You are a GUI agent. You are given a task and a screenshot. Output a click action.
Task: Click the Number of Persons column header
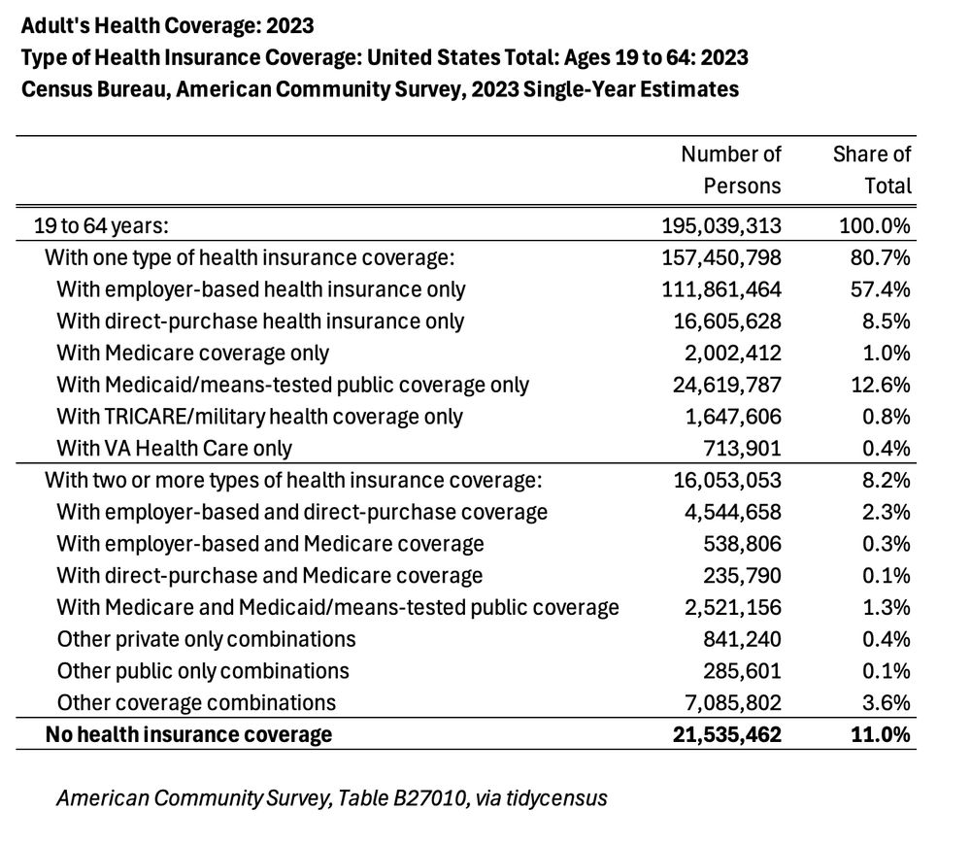(730, 169)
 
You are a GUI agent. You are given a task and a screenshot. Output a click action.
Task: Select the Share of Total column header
(872, 169)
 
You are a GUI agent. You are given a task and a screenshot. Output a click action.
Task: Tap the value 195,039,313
(720, 226)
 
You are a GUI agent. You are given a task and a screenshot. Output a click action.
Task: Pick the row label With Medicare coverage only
(192, 354)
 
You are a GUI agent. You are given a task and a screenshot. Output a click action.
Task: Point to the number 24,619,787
(726, 385)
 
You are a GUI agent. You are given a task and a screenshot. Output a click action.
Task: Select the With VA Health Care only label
(174, 448)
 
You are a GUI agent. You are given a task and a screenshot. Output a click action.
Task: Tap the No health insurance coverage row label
(188, 734)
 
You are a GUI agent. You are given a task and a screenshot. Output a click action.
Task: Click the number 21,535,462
(726, 734)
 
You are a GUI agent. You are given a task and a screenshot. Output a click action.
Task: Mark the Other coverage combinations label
(196, 702)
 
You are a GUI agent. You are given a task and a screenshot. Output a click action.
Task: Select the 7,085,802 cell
(734, 702)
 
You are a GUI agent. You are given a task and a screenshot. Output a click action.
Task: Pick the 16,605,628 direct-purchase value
(726, 321)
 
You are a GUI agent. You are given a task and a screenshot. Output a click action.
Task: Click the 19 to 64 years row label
(94, 226)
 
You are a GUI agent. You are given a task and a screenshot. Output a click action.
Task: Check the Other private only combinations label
(206, 639)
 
